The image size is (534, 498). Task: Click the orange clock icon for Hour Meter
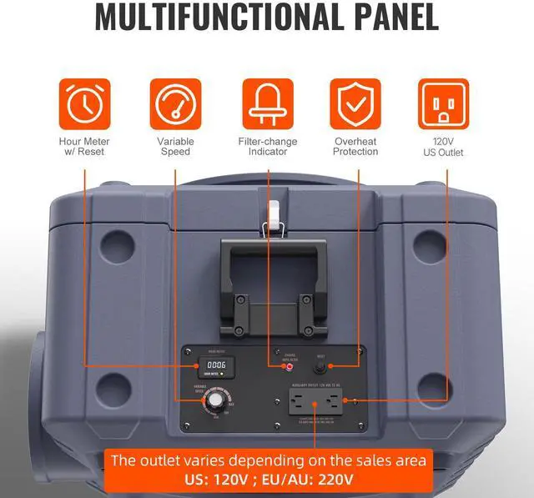point(83,103)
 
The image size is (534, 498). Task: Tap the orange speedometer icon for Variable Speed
point(175,103)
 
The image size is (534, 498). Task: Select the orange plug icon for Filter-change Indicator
point(268,103)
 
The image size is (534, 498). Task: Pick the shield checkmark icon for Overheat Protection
point(355,103)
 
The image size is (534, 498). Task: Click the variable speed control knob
point(215,401)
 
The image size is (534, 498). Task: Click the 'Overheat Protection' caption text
point(355,147)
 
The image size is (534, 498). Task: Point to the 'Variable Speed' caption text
point(175,147)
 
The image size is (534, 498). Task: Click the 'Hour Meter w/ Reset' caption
point(83,147)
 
